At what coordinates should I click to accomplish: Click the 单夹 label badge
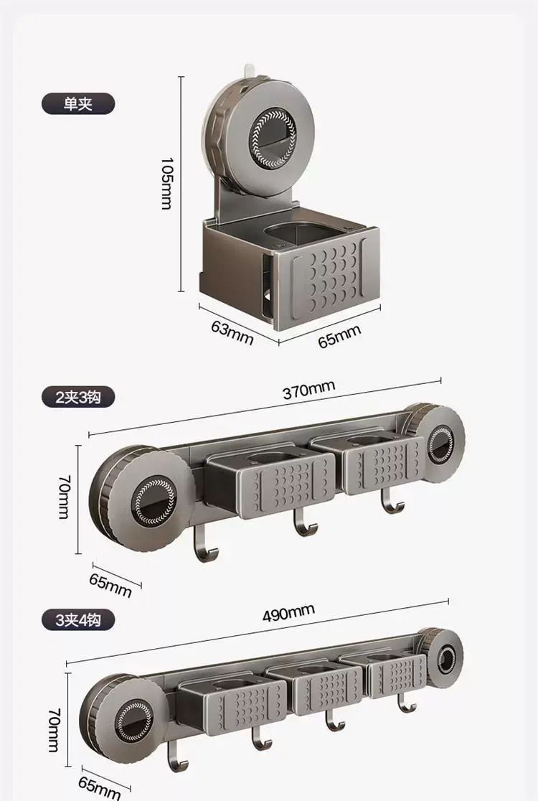pos(78,103)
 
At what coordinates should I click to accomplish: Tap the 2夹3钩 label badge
pos(78,397)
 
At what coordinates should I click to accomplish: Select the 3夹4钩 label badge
pos(78,619)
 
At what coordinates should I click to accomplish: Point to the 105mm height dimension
pos(167,184)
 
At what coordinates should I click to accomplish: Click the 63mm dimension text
pos(232,333)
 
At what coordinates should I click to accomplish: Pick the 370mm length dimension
pos(309,389)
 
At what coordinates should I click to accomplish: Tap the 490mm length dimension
pos(288,612)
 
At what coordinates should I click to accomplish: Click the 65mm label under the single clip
pos(339,336)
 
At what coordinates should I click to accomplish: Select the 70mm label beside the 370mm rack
pos(65,497)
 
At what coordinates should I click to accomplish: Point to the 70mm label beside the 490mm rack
pos(54,730)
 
